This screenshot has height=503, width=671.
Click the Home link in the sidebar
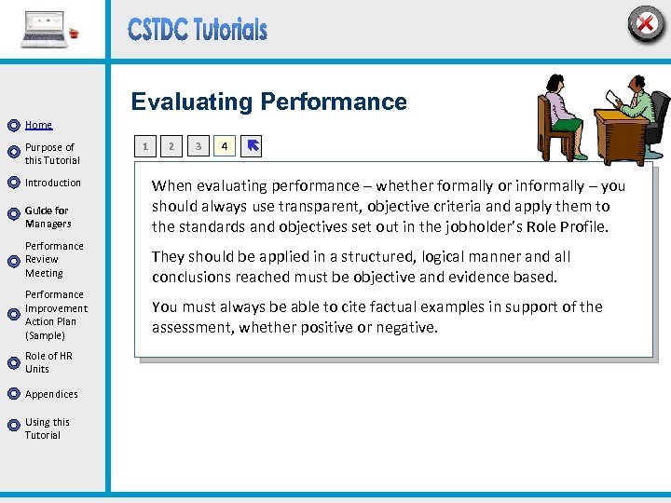coord(38,125)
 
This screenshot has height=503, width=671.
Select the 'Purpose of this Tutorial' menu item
coord(51,154)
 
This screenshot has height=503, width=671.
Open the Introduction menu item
coord(53,183)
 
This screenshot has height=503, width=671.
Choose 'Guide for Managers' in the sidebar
coord(48,217)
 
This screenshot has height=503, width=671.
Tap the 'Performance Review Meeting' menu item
coord(54,260)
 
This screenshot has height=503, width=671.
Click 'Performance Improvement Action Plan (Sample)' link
coord(56,315)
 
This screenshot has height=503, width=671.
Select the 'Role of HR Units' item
coord(48,362)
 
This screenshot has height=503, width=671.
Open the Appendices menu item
coord(51,394)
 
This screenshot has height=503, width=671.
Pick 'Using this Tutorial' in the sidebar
coord(47,428)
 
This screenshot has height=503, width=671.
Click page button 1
coord(144,145)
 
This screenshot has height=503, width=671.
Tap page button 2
coord(171,145)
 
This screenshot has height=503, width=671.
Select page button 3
coord(198,145)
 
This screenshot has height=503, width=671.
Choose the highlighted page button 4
coord(224,145)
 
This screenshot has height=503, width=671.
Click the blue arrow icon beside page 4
coord(252,145)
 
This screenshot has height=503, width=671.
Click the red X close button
coord(645,24)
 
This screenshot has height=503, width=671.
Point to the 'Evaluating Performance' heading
coord(268,102)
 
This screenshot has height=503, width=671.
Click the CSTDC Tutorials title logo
coord(198,30)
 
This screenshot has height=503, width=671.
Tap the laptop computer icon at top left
coord(46,30)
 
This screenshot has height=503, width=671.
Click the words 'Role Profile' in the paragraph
coord(568,226)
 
